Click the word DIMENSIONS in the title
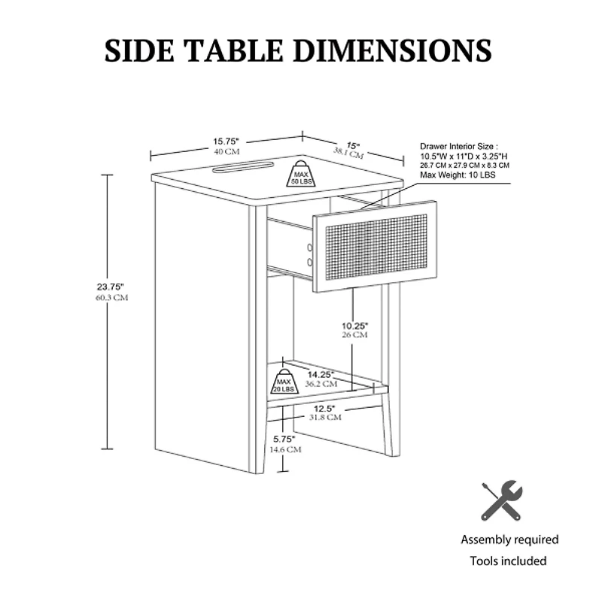pos(392,50)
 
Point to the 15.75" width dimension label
pos(227,141)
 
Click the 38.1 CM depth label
pos(348,153)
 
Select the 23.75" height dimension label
pos(111,287)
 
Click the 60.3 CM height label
pos(111,297)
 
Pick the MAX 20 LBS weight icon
pos(284,382)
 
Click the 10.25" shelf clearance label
pos(354,326)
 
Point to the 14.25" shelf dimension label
pos(321,374)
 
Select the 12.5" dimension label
pos(324,409)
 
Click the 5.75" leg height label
pos(284,439)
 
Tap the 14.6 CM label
pos(285,449)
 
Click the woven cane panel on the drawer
pos(375,247)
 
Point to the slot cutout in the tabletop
pos(242,167)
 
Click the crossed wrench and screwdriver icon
pos(502,500)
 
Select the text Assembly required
pos(509,540)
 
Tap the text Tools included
pos(509,561)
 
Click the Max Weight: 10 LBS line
pos(458,175)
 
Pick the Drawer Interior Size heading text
pos(459,146)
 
